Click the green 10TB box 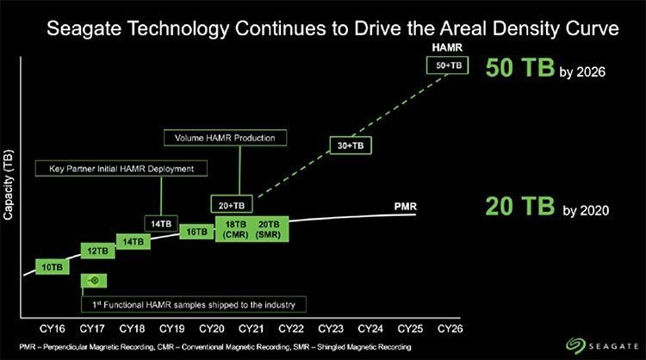click(x=53, y=267)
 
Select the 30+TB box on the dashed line click(x=350, y=146)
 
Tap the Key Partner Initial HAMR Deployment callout click(x=126, y=169)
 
